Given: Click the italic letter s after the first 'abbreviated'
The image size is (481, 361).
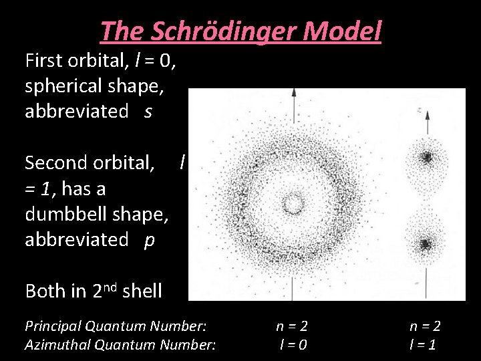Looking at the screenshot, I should [x=148, y=112].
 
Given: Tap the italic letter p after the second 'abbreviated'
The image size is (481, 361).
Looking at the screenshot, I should [x=149, y=239].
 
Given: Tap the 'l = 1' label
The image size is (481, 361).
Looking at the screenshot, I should [x=424, y=345].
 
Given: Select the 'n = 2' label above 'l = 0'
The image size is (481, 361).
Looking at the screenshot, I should [x=292, y=326].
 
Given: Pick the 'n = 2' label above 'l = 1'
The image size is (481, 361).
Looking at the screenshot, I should [x=425, y=326].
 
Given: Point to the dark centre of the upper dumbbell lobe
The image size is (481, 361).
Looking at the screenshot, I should [x=426, y=158].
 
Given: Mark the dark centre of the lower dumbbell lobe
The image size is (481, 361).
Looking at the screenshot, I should [x=425, y=244].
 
